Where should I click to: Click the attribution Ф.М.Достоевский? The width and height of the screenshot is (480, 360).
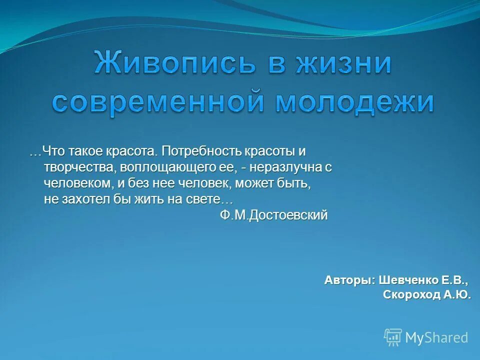click(x=274, y=215)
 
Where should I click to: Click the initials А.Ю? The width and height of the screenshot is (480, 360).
click(x=457, y=295)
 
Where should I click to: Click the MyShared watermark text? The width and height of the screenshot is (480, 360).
click(x=436, y=337)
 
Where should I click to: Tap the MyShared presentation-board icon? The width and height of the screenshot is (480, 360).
click(x=393, y=337)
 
